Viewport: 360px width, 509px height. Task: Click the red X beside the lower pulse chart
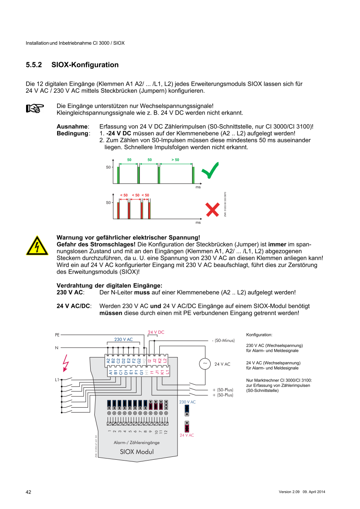point(212,209)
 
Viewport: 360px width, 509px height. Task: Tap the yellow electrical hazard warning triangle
point(37,246)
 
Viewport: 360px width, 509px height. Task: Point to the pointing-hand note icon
point(35,108)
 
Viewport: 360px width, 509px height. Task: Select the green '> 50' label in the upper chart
point(175,160)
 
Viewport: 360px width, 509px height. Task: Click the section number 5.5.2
point(34,65)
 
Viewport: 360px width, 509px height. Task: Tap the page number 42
point(29,492)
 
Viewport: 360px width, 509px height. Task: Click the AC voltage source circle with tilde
point(204,364)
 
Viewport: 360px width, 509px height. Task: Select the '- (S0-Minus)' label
point(223,341)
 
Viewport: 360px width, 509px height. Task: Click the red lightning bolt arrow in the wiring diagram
point(65,363)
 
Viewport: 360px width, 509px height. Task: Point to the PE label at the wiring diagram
point(57,334)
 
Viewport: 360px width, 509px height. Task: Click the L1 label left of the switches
point(57,379)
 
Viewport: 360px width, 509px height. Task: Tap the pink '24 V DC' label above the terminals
point(156,332)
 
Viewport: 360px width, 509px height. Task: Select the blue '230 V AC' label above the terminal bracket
point(123,339)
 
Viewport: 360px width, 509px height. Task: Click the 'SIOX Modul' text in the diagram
point(137,451)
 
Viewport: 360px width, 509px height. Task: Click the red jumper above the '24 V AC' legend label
point(187,427)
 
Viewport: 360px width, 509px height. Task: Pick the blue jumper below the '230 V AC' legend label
point(187,410)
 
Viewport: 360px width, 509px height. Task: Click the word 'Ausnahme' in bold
point(72,127)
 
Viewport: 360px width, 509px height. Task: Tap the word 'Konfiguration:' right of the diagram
point(259,334)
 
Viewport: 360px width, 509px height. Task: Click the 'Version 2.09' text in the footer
point(289,492)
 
